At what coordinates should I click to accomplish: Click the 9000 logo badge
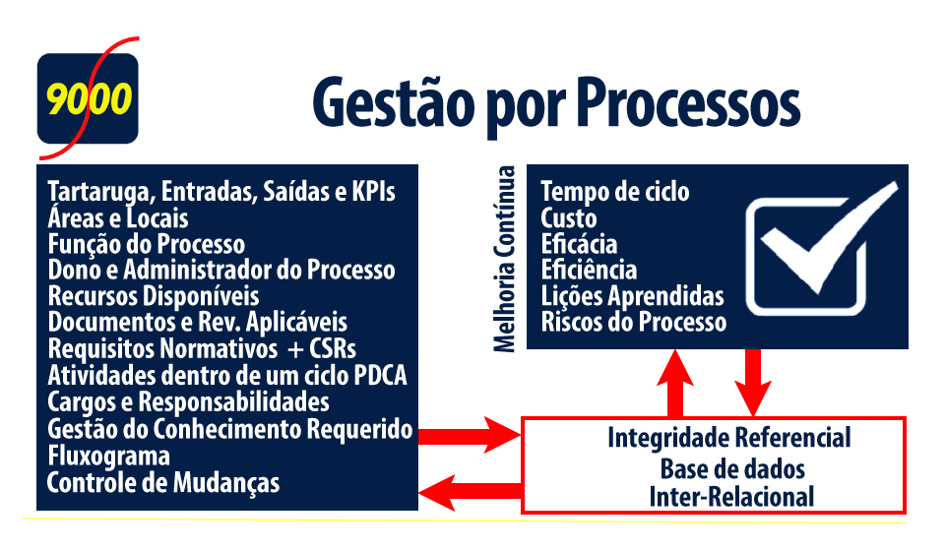pyautogui.click(x=88, y=98)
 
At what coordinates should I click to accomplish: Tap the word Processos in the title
pyautogui.click(x=688, y=102)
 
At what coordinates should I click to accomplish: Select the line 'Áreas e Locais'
pyautogui.click(x=118, y=218)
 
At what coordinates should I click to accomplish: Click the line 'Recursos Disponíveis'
pyautogui.click(x=154, y=296)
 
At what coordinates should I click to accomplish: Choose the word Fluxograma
pyautogui.click(x=109, y=457)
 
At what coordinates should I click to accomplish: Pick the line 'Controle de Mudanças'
pyautogui.click(x=163, y=483)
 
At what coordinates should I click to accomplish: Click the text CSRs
pyautogui.click(x=333, y=349)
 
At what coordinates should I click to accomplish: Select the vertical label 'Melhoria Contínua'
pyautogui.click(x=504, y=259)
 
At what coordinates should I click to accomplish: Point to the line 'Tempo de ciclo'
pyautogui.click(x=615, y=192)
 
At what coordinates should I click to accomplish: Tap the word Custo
pyautogui.click(x=569, y=218)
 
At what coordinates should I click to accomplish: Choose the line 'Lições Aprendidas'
pyautogui.click(x=633, y=296)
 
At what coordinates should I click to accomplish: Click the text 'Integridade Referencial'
pyautogui.click(x=729, y=438)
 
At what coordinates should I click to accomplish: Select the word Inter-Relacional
pyautogui.click(x=731, y=498)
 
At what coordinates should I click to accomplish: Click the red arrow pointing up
pyautogui.click(x=675, y=383)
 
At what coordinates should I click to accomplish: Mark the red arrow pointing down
pyautogui.click(x=753, y=383)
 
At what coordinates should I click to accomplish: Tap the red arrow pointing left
pyautogui.click(x=471, y=491)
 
